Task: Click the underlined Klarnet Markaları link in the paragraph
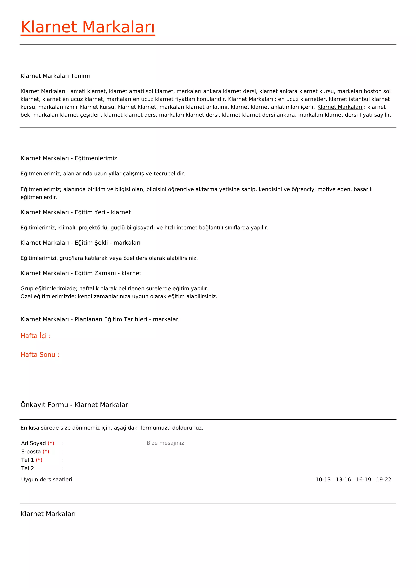click(x=340, y=107)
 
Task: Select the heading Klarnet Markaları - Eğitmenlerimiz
click(x=69, y=158)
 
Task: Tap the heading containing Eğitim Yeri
click(x=76, y=212)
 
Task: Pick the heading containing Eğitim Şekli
click(x=80, y=243)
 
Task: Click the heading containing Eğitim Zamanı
click(x=81, y=273)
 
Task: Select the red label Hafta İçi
click(x=36, y=336)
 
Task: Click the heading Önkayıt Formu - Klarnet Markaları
click(x=75, y=405)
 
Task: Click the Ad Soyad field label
click(x=34, y=443)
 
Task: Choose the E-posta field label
click(x=31, y=452)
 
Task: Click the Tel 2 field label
click(x=27, y=468)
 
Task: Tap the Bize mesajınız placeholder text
click(x=165, y=443)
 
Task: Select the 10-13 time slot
click(x=323, y=480)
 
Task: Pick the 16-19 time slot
click(x=363, y=480)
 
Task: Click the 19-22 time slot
click(x=383, y=480)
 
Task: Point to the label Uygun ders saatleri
click(x=47, y=480)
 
